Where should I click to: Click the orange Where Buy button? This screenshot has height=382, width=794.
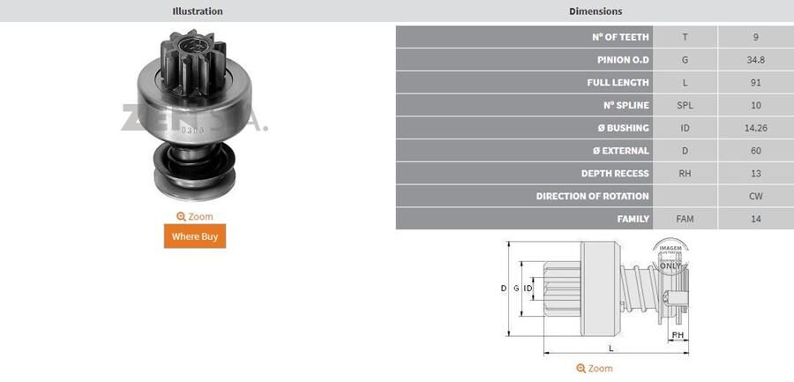[x=195, y=236]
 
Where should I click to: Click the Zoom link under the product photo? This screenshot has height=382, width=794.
[x=195, y=216]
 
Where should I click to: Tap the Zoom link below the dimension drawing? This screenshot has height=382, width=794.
[x=595, y=368]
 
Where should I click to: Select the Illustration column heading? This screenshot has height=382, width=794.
[x=198, y=11]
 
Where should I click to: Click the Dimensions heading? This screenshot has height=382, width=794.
[x=595, y=11]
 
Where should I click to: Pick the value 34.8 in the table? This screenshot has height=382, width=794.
[x=756, y=60]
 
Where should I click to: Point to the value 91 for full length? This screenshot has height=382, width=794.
[x=756, y=83]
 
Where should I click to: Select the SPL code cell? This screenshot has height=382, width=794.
[x=685, y=105]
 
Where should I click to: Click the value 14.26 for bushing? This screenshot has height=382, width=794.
[x=756, y=128]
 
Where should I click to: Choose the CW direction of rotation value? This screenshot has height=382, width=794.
[x=756, y=196]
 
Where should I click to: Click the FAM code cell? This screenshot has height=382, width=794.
[x=685, y=219]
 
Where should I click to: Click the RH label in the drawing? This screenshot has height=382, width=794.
[x=678, y=336]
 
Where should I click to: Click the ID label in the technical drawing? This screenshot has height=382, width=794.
[x=528, y=288]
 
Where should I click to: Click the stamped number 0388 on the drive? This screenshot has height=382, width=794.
[x=191, y=130]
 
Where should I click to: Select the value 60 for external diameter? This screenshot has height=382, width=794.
[x=756, y=151]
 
